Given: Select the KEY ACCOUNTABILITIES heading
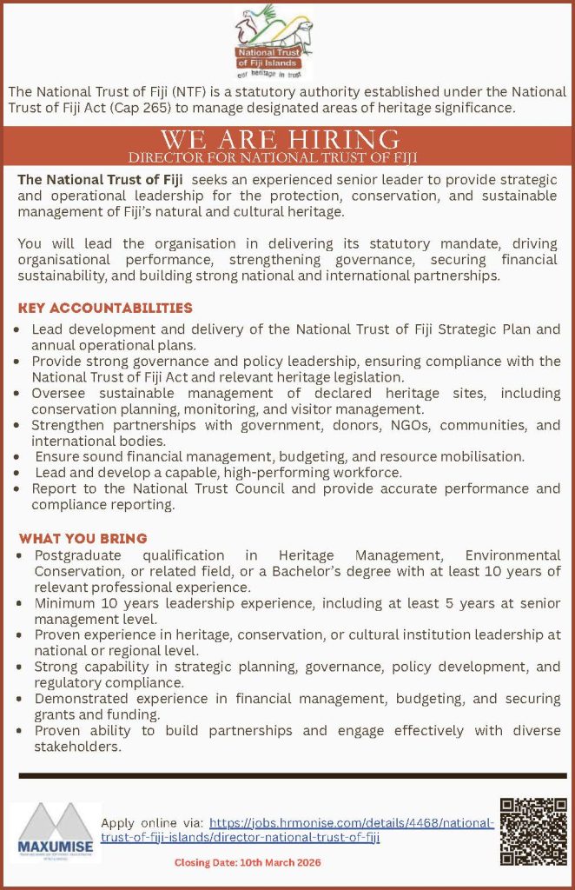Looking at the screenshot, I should click(105, 309).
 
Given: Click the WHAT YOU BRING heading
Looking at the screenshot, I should click(83, 538).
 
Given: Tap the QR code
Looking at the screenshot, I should click(533, 830).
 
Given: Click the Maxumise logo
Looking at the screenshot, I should click(56, 832).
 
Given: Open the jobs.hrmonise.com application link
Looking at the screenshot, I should click(351, 822).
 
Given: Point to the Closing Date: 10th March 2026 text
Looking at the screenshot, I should click(248, 862).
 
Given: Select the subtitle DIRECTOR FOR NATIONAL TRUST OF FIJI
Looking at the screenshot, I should click(273, 157).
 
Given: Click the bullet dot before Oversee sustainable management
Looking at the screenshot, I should click(20, 394).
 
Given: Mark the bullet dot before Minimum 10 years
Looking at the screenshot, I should click(20, 603).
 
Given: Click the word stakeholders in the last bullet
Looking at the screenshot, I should click(77, 746).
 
